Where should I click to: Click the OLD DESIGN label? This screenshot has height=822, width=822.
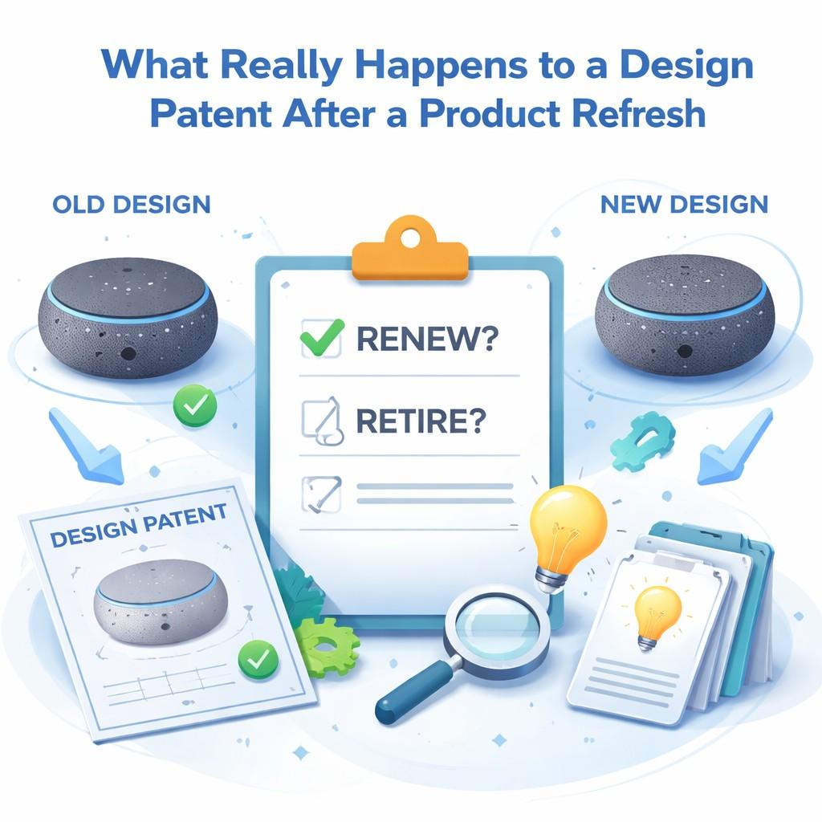pos(131,203)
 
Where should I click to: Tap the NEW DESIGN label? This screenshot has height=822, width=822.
pos(683,203)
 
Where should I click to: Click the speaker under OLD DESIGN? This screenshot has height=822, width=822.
pos(127,320)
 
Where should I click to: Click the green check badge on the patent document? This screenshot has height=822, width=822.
pos(258,660)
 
